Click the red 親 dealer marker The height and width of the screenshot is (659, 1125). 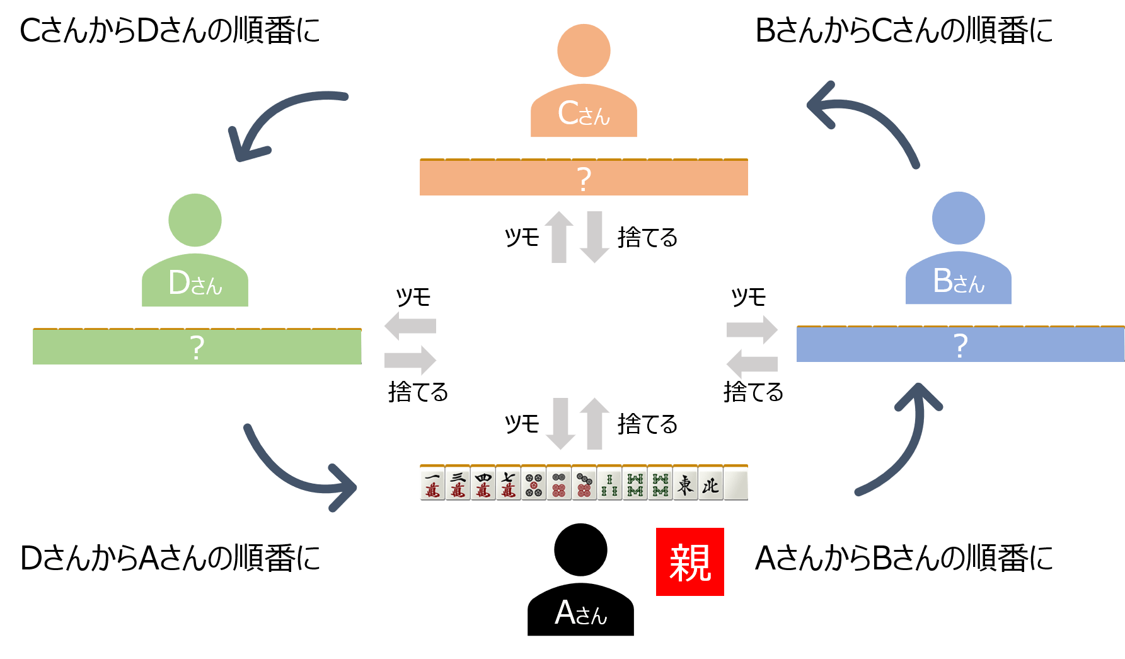click(x=689, y=562)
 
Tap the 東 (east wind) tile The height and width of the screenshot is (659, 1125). click(x=685, y=483)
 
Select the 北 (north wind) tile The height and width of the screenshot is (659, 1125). click(x=710, y=483)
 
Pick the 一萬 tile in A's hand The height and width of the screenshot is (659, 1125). click(x=432, y=483)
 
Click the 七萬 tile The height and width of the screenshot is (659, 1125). click(x=508, y=483)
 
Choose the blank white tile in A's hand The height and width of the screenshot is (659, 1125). click(x=736, y=483)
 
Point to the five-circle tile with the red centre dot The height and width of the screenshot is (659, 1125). click(x=533, y=483)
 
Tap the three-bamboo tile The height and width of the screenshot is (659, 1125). click(x=609, y=483)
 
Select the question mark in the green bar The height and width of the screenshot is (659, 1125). click(x=197, y=347)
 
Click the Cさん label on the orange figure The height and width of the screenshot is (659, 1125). click(x=584, y=114)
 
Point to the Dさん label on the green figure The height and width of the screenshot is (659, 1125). click(x=195, y=283)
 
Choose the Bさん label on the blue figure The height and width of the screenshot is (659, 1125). click(x=959, y=281)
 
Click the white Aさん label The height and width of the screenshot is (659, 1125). click(x=580, y=613)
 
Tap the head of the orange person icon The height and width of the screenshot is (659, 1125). click(x=584, y=50)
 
